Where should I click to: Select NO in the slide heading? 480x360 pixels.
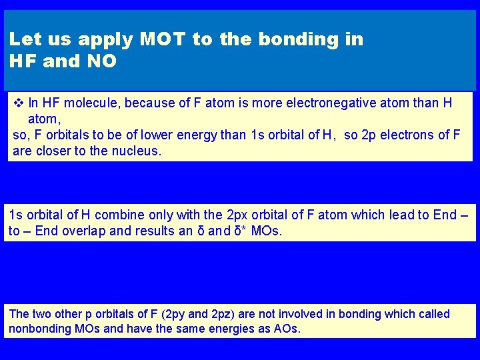pyautogui.click(x=101, y=62)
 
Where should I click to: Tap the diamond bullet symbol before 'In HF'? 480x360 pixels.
pyautogui.click(x=18, y=103)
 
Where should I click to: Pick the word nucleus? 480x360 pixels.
pyautogui.click(x=137, y=151)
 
